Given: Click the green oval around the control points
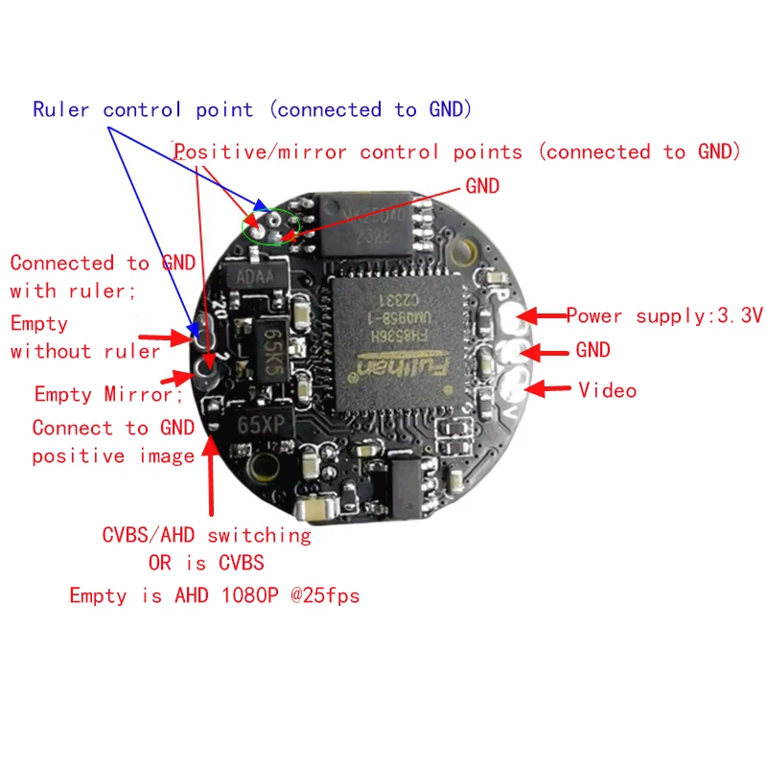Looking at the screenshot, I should point(270,226).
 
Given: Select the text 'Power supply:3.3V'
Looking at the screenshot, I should point(663,315).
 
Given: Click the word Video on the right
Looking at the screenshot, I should point(607,390).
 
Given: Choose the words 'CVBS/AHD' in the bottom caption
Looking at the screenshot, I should point(147,534).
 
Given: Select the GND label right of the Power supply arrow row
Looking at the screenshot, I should point(593,351).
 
